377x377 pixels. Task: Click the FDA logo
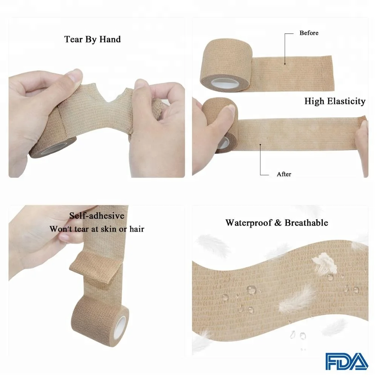pyautogui.click(x=346, y=361)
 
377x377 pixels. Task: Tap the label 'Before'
pyautogui.click(x=309, y=33)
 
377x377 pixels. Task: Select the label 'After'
pyautogui.click(x=284, y=174)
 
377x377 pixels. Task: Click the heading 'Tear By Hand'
pyautogui.click(x=92, y=39)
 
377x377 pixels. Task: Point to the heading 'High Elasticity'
pyautogui.click(x=335, y=101)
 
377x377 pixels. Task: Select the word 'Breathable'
pyautogui.click(x=306, y=222)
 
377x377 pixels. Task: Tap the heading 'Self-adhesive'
pyautogui.click(x=97, y=216)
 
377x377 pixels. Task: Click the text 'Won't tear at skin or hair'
pyautogui.click(x=97, y=229)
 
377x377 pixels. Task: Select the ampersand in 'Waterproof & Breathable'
pyautogui.click(x=278, y=223)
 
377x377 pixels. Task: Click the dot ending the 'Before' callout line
pyautogui.click(x=285, y=64)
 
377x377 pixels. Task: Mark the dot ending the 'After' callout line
pyautogui.click(x=260, y=144)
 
